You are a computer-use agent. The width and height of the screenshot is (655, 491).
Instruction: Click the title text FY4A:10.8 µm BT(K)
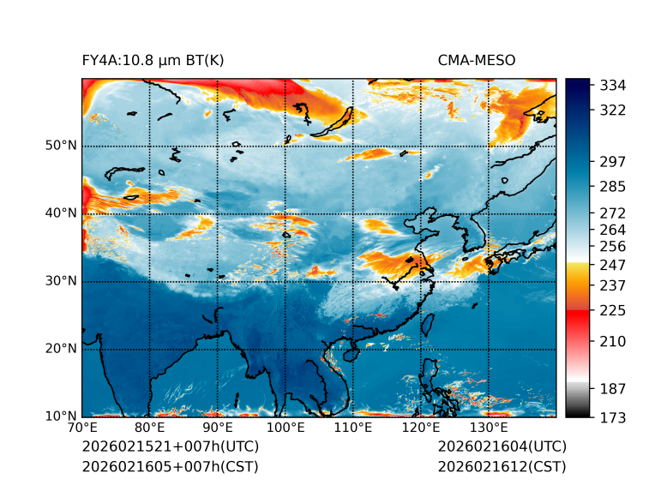153,60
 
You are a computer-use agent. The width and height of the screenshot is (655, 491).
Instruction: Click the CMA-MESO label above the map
476,60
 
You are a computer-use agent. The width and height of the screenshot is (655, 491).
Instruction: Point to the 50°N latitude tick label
61,146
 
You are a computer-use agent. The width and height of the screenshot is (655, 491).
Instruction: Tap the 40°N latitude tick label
61,213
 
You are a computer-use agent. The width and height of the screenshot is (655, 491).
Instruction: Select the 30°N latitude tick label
61,281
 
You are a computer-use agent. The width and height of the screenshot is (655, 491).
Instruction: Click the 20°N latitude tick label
61,349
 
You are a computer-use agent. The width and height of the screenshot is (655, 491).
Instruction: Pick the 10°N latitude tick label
61,416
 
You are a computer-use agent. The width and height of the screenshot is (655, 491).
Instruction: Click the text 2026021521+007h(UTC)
170,447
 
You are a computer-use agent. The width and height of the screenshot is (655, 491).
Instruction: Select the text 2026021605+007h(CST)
170,467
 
